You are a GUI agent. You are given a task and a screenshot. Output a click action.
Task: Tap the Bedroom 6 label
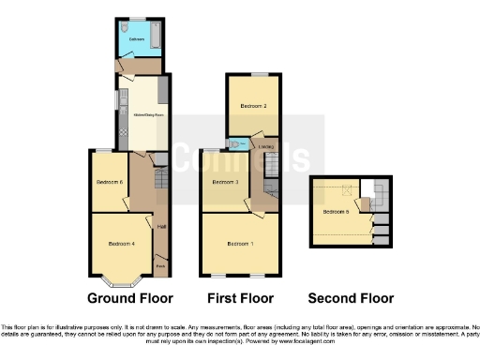pos(110,181)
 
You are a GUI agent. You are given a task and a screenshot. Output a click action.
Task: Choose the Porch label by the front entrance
pos(161,265)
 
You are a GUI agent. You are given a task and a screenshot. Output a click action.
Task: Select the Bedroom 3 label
pos(225,181)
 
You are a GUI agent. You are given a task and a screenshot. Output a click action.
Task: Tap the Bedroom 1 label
pos(240,244)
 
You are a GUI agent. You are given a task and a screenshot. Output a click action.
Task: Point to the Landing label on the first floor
pos(266,146)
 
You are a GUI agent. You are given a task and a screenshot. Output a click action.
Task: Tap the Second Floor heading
pos(352,298)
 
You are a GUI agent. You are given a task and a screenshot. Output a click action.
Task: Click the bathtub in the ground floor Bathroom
pos(156,37)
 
